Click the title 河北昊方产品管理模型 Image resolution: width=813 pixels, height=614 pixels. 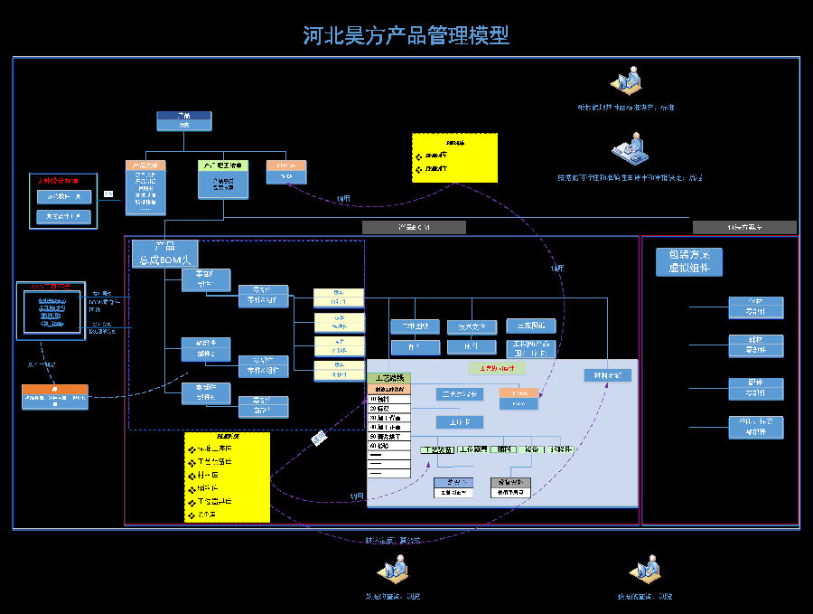406,35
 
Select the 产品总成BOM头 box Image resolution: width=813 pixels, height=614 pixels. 164,253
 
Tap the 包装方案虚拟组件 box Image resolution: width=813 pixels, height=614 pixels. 689,261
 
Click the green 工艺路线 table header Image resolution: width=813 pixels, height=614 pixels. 389,378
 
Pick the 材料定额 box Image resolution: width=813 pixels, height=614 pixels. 607,374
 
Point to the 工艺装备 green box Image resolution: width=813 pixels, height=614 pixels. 436,449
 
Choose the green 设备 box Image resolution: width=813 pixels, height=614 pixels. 530,449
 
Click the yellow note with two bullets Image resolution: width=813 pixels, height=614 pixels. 454,158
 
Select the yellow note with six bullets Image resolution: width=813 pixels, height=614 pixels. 227,477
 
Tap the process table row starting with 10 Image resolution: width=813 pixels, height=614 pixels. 389,398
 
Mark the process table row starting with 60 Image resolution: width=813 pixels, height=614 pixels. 389,446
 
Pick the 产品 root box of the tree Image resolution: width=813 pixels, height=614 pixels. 183,120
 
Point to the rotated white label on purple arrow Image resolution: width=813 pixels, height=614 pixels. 319,439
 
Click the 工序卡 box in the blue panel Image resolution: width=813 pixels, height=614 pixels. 460,421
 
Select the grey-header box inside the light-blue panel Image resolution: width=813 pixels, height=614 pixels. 510,487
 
